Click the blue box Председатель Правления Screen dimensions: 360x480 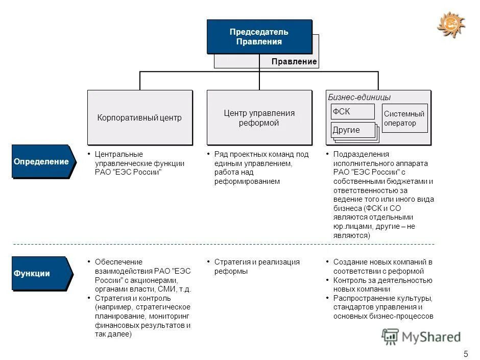tap(259, 37)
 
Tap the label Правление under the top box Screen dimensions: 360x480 tap(294, 62)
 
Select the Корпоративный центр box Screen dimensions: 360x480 tap(139, 117)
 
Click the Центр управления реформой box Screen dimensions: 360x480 tap(259, 117)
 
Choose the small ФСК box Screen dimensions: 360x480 tap(352, 111)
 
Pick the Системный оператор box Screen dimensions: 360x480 tap(404, 118)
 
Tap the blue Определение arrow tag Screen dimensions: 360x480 tap(42, 161)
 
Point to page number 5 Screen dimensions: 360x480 tap(465, 353)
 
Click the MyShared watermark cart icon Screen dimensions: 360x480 tap(391, 336)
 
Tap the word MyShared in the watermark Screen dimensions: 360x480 tap(431, 337)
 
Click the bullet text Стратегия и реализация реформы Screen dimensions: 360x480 tap(256, 267)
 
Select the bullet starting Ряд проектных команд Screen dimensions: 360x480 tap(261, 167)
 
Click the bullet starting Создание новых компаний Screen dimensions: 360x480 tap(382, 267)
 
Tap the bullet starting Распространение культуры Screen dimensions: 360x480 tap(383, 307)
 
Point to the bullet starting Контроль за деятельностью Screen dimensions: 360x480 tap(382, 285)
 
